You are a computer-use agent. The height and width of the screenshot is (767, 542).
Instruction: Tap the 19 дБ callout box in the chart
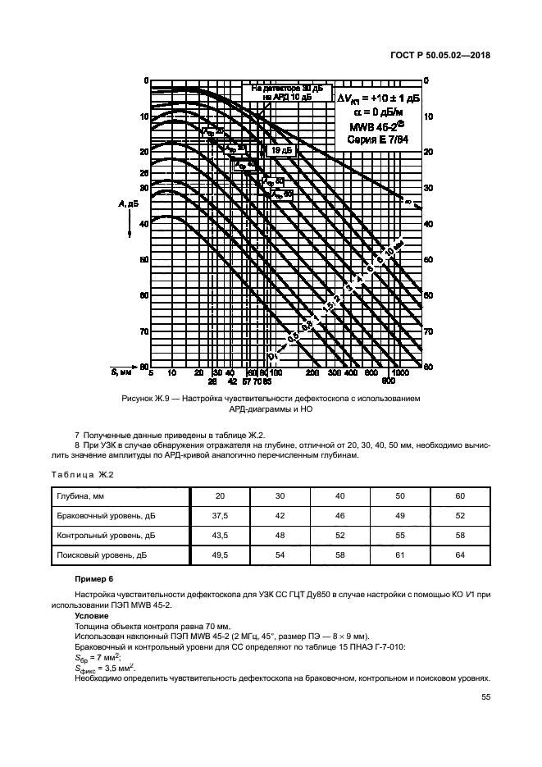[x=281, y=150]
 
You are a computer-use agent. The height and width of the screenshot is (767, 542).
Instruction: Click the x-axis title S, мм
[x=122, y=372]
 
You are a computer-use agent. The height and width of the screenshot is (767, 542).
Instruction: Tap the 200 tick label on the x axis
[x=312, y=372]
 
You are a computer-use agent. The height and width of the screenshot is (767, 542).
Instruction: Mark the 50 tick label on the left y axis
[x=143, y=259]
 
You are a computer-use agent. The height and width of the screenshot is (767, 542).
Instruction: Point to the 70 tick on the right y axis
[x=426, y=331]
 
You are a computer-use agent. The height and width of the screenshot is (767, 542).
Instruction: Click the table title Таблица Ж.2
[x=82, y=473]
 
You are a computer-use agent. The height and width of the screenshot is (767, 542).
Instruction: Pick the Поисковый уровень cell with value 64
[x=460, y=555]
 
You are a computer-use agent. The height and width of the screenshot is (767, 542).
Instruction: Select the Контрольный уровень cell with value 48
[x=280, y=536]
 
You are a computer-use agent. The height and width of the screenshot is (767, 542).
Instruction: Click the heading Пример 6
[x=91, y=579]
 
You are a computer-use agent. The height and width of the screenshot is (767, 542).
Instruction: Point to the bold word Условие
[x=89, y=614]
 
